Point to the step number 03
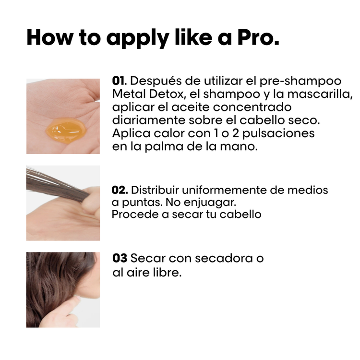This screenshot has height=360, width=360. pyautogui.click(x=120, y=258)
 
